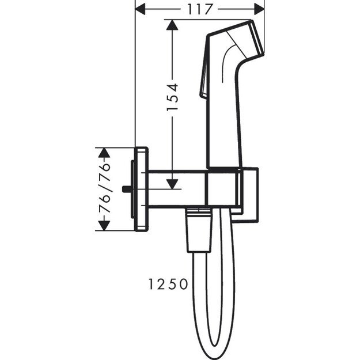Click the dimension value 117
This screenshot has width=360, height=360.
199,9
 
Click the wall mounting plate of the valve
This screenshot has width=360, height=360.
141,189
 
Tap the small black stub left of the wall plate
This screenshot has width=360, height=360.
126,189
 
